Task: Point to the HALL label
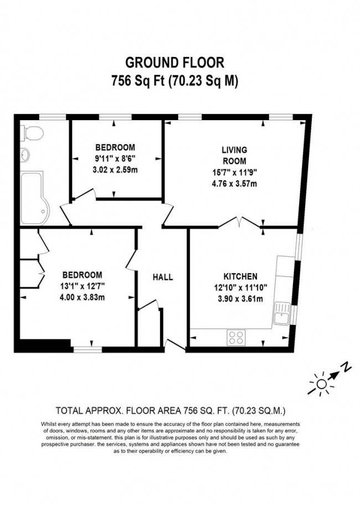pos(163,277)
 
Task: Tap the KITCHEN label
pos(240,276)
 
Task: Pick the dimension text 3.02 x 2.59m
pos(115,170)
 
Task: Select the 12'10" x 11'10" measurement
pos(240,287)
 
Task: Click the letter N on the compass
pos(344,367)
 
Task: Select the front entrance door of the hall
pos(176,346)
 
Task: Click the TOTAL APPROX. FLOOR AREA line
pos(171,410)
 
